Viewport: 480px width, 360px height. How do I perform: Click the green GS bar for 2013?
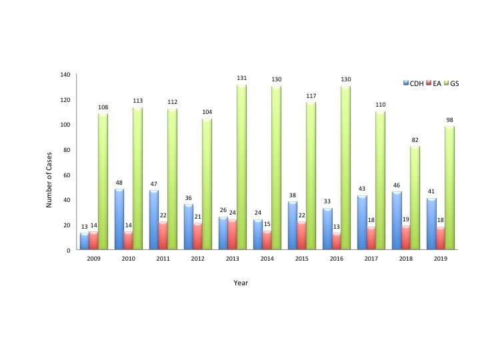click(x=241, y=167)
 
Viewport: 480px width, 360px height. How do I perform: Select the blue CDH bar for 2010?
click(x=120, y=219)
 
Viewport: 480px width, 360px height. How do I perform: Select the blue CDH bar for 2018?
click(x=396, y=221)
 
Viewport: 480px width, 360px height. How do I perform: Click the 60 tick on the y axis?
click(x=66, y=175)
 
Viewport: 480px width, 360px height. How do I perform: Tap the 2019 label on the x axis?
click(x=440, y=259)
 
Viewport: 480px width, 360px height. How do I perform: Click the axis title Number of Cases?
click(x=49, y=162)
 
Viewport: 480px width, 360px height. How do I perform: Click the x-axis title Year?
click(x=241, y=283)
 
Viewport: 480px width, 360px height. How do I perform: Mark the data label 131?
click(x=242, y=79)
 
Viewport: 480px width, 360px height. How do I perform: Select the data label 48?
click(x=120, y=182)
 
